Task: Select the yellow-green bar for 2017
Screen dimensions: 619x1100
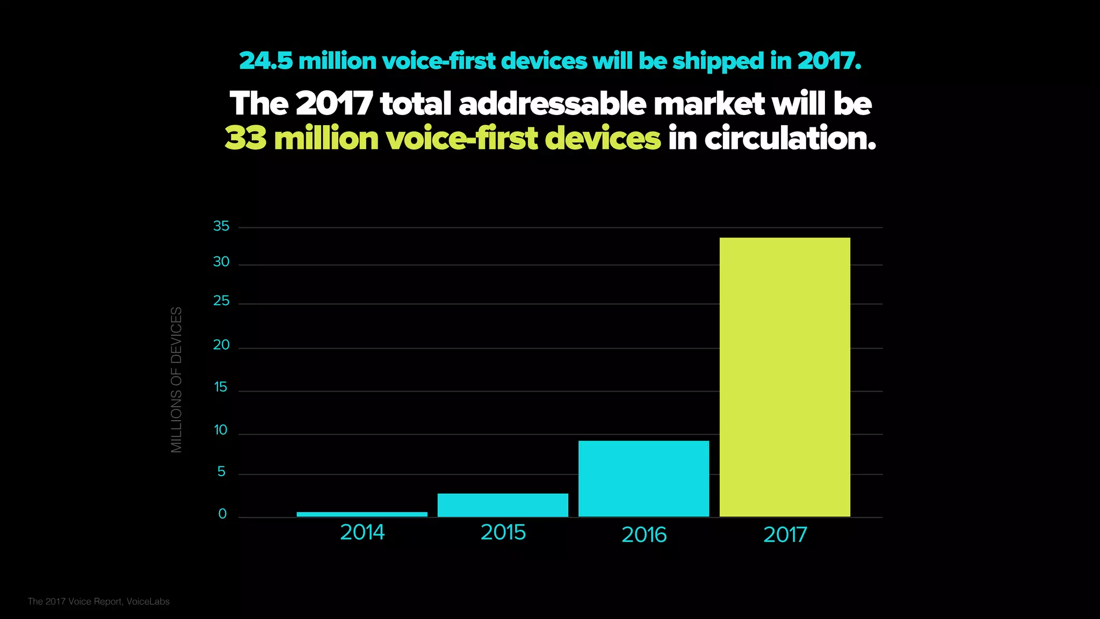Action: point(785,377)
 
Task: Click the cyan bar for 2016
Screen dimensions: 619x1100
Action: point(643,479)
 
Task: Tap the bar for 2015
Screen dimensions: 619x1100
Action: point(503,505)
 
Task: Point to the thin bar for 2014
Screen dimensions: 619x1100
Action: point(362,514)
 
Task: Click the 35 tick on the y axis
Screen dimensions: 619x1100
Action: point(221,226)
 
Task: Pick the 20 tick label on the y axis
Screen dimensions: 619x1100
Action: point(221,345)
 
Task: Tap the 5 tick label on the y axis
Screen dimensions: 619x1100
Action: point(221,472)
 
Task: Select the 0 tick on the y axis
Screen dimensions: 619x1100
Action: point(222,514)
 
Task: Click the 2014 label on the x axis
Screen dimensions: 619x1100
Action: point(362,532)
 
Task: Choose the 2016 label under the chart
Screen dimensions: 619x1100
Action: point(643,535)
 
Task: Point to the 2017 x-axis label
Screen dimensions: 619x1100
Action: point(785,535)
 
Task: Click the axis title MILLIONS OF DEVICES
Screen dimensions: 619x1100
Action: point(176,379)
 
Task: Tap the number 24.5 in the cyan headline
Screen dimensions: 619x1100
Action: point(266,61)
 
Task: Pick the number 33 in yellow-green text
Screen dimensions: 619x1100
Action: point(245,139)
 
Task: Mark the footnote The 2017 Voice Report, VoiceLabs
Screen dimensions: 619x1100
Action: point(99,601)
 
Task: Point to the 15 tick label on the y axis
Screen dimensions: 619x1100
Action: point(221,387)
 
